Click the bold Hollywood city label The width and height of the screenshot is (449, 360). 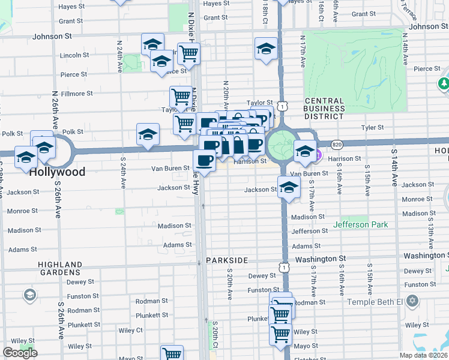tap(58, 172)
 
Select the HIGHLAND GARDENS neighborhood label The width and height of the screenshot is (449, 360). tap(60, 268)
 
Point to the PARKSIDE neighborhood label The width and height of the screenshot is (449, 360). tap(227, 260)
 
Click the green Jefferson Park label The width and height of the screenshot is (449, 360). tap(361, 225)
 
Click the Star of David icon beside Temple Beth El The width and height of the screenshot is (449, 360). tap(412, 300)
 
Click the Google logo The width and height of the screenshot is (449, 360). tap(20, 353)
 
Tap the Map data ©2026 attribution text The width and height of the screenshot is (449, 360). tap(423, 355)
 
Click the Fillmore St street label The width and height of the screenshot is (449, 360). tap(76, 94)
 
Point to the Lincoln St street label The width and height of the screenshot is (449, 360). tap(74, 55)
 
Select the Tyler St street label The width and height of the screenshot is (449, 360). tap(372, 128)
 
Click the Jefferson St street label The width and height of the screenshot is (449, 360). tap(310, 231)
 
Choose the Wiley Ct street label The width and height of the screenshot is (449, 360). tap(130, 330)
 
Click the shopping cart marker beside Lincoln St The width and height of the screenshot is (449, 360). tap(189, 53)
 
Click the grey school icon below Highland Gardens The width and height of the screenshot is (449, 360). tap(29, 295)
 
